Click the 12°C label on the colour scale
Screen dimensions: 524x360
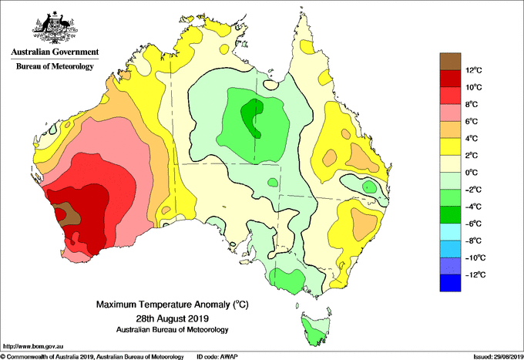tap(474, 70)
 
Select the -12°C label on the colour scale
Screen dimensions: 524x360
tap(475, 274)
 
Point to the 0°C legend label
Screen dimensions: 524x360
tap(472, 173)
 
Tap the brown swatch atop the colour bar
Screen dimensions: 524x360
tap(450, 62)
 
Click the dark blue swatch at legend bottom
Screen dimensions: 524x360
tap(450, 283)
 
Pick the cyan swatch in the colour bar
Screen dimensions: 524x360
tap(450, 232)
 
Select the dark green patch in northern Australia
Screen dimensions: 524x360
tap(253, 117)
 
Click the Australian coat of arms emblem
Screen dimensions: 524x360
tap(55, 28)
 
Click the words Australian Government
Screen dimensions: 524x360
tap(55, 52)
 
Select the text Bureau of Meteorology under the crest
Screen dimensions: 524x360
tap(55, 66)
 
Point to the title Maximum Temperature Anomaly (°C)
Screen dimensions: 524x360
tap(173, 304)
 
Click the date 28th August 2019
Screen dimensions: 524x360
tap(173, 318)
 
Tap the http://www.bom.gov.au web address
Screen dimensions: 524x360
tap(33, 346)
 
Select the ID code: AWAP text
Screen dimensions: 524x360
tap(217, 357)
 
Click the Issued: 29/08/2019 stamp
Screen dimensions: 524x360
tap(499, 357)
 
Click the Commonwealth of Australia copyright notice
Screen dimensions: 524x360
tap(92, 357)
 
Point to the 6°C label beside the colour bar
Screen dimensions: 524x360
tap(472, 121)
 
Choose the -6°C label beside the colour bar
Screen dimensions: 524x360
tap(474, 224)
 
